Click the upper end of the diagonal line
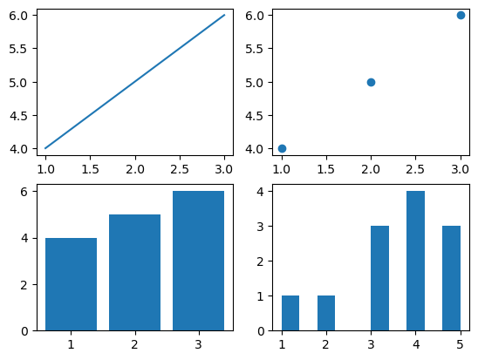(224, 15)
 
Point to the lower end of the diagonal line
(45, 148)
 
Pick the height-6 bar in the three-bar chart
(199, 261)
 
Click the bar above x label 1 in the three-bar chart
(71, 284)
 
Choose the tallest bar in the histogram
(415, 261)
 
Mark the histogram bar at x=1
(290, 313)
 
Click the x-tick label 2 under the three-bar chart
(134, 344)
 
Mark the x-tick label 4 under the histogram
(415, 344)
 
